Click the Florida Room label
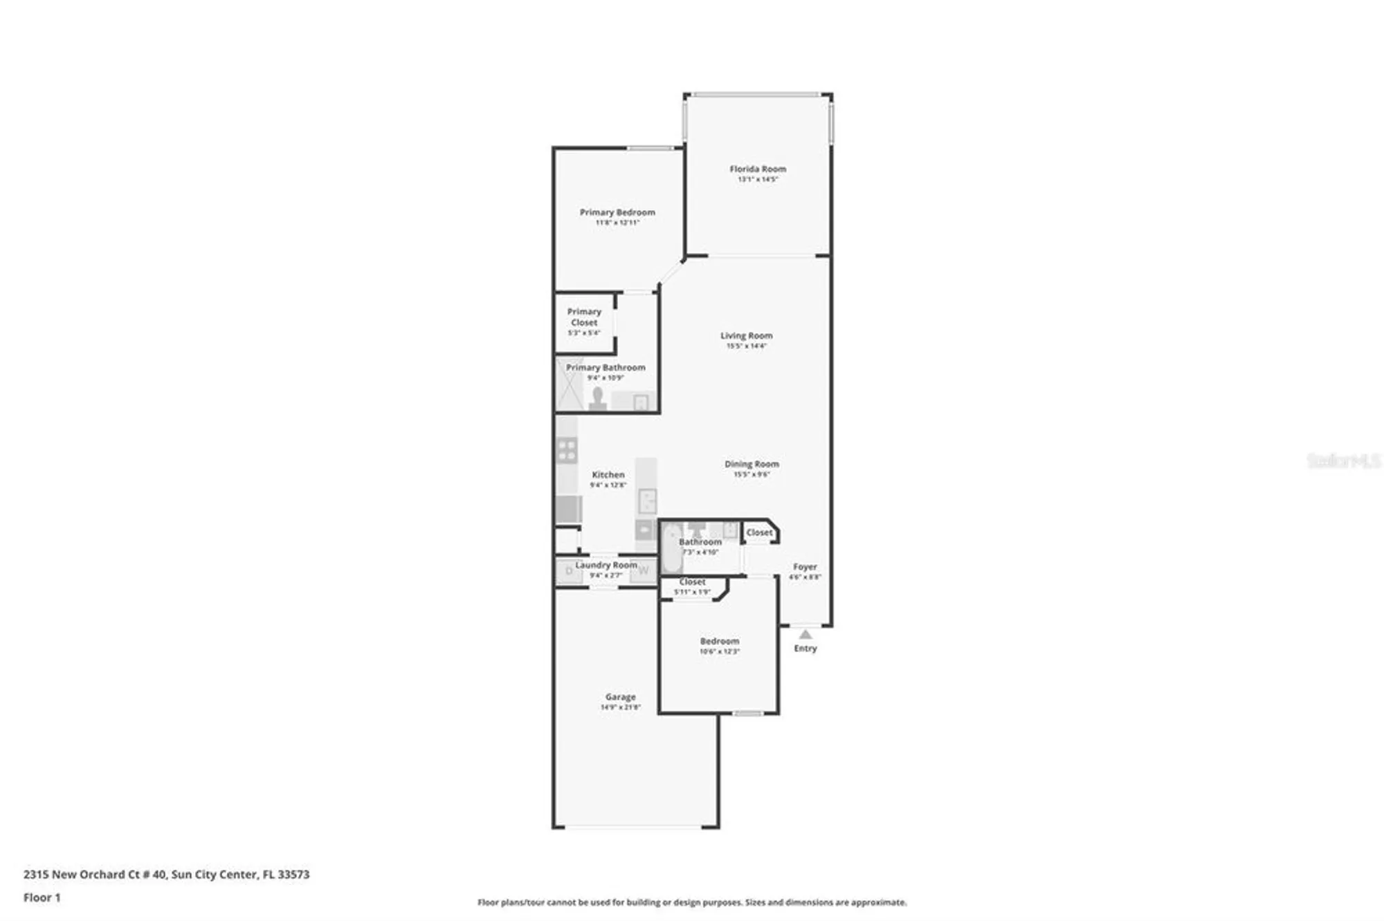(758, 169)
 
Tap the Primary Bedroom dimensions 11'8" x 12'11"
(617, 223)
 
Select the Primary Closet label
(584, 317)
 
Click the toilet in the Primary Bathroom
(597, 399)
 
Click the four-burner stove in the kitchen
(567, 450)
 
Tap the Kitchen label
(608, 474)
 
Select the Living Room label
(746, 335)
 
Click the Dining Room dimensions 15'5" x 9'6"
(752, 474)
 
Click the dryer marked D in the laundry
(570, 571)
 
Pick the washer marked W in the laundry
(643, 570)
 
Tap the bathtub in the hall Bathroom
(672, 550)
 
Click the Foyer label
(805, 566)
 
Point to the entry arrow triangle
(805, 634)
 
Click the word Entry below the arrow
(805, 648)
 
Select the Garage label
(620, 697)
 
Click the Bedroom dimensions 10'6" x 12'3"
(720, 651)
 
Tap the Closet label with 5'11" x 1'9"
(692, 582)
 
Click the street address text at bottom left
(166, 874)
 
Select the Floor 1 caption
(42, 897)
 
